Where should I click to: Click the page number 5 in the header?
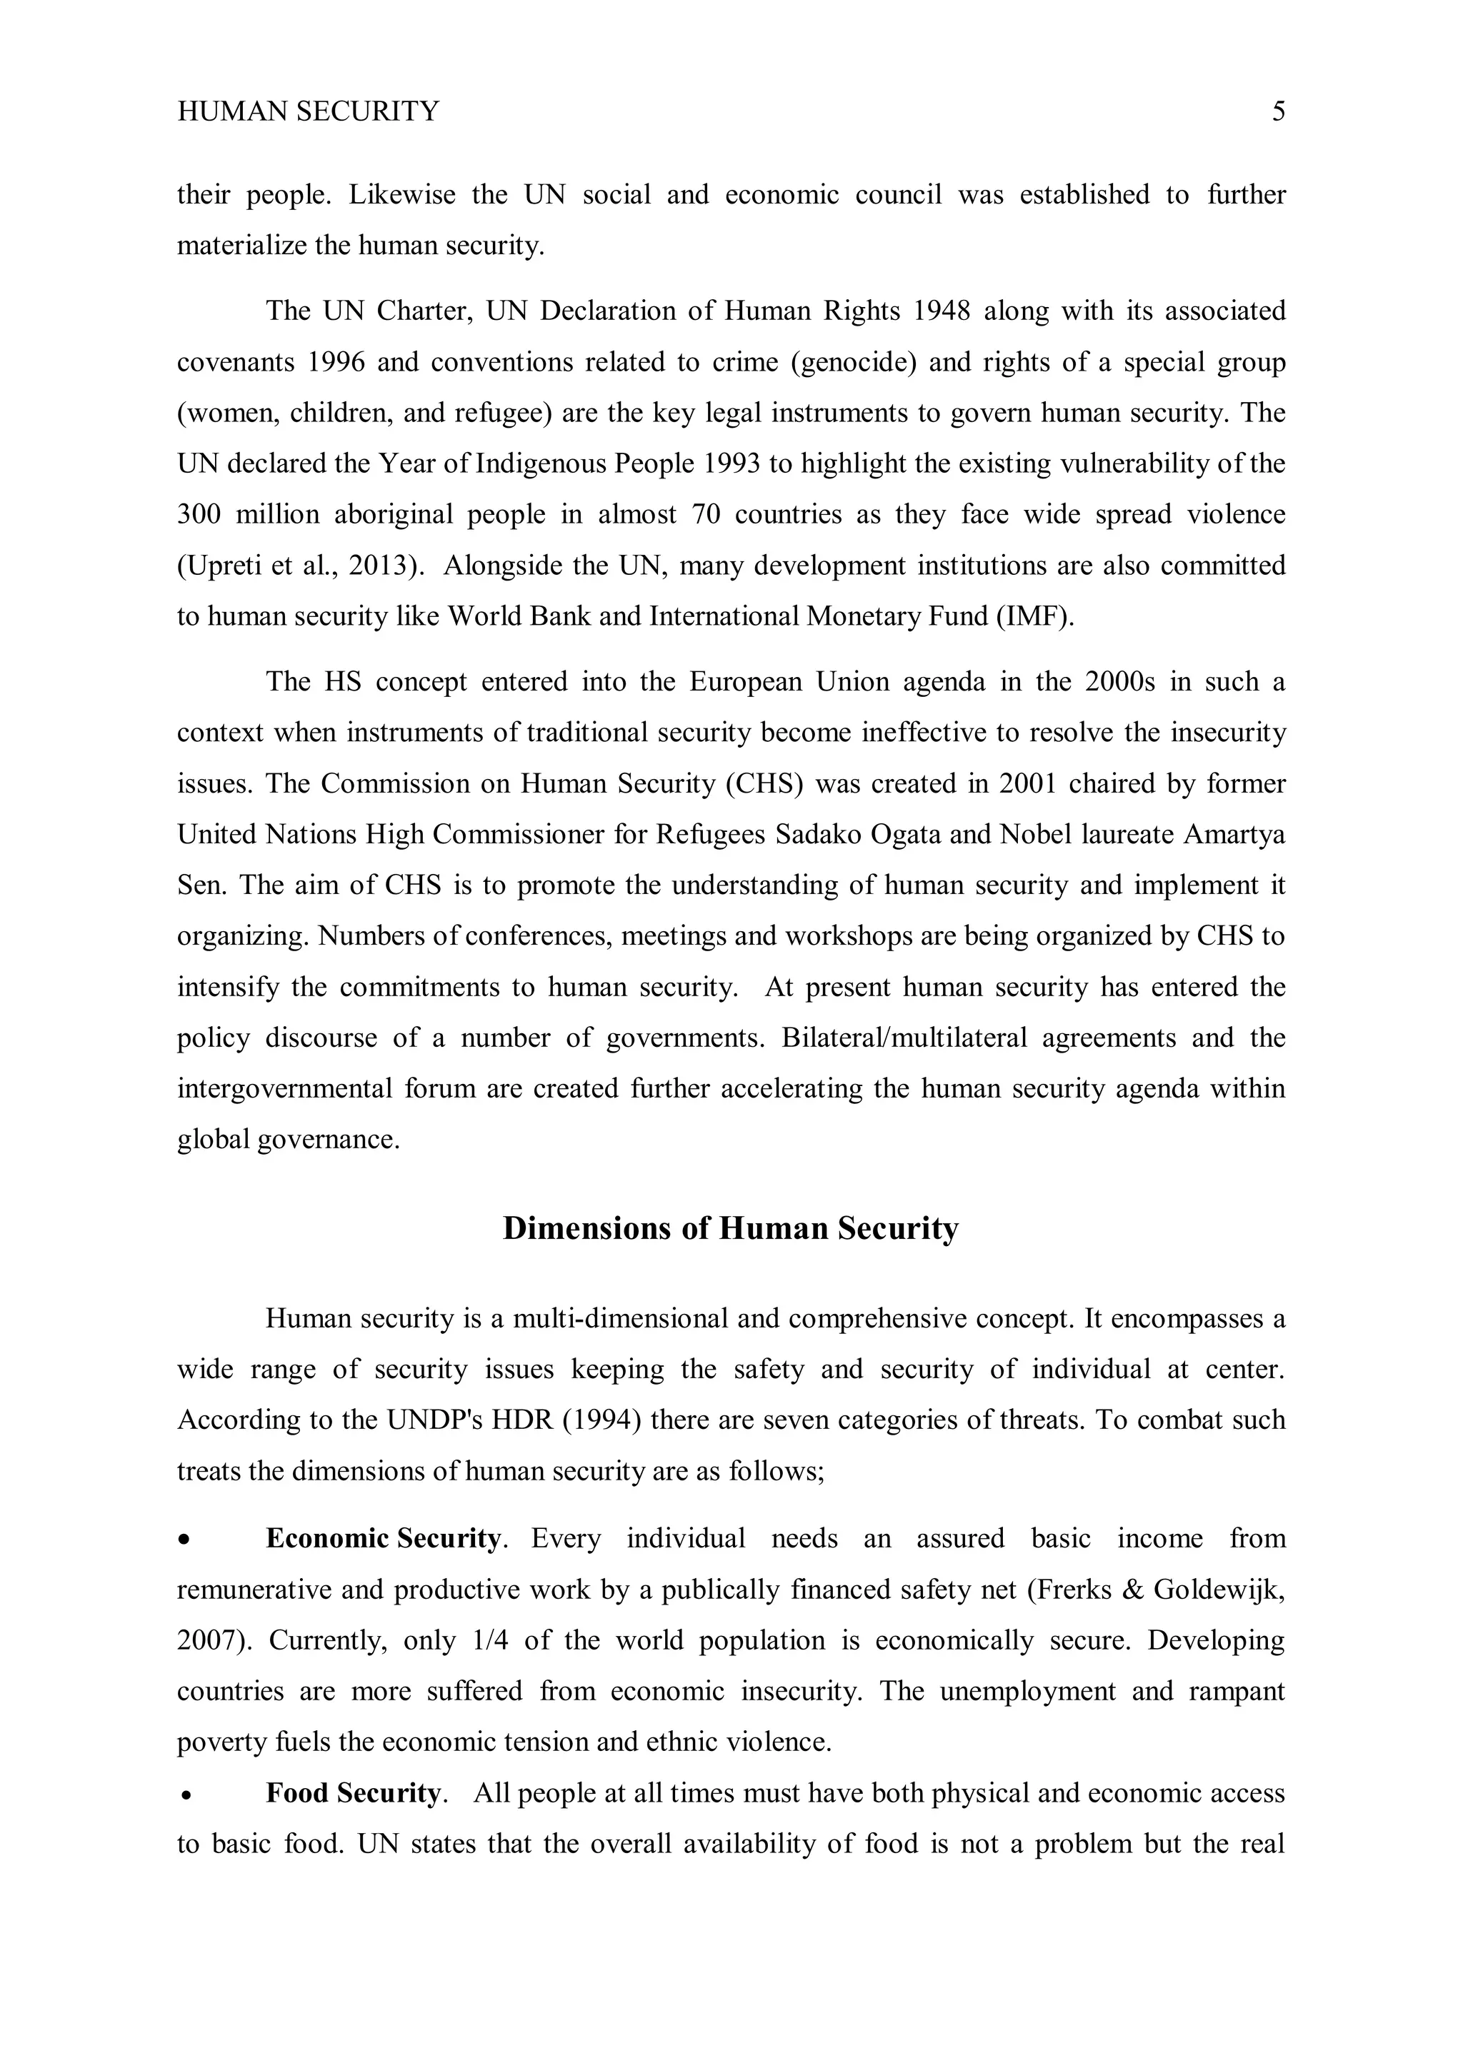coord(1278,111)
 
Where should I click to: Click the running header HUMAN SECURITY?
coord(308,111)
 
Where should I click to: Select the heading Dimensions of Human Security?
coord(731,1228)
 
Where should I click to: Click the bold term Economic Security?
coord(383,1538)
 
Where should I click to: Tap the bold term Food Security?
coord(352,1793)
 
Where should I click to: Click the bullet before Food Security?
coord(185,1795)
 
